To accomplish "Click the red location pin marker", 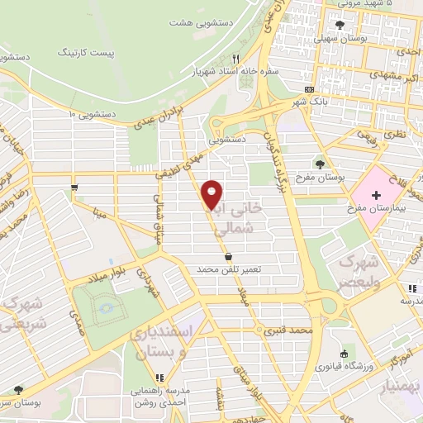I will [212, 193].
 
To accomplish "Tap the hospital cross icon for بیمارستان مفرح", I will [377, 195].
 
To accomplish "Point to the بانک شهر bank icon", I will [310, 89].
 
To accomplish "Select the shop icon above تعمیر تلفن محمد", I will [228, 257].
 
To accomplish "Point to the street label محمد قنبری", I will [287, 330].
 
